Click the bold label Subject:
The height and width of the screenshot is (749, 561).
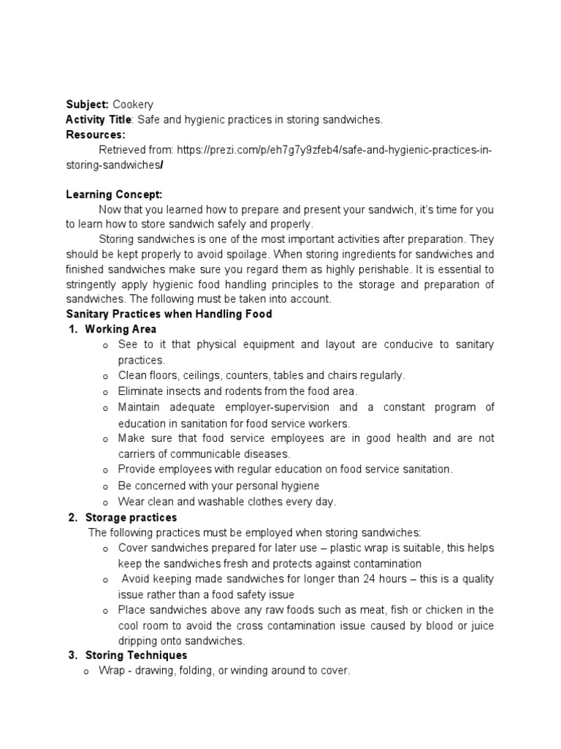[87, 105]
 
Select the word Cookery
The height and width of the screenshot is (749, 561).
[133, 105]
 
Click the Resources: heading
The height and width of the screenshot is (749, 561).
[96, 135]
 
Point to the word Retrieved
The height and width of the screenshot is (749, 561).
[121, 150]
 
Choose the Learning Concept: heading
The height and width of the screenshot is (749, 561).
[113, 195]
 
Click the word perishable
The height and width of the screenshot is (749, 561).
[362, 270]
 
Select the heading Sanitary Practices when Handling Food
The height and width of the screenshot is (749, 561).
[169, 314]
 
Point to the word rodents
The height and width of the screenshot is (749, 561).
[252, 391]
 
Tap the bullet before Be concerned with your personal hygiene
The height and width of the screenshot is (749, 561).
[106, 486]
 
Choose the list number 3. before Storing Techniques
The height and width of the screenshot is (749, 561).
[73, 655]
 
